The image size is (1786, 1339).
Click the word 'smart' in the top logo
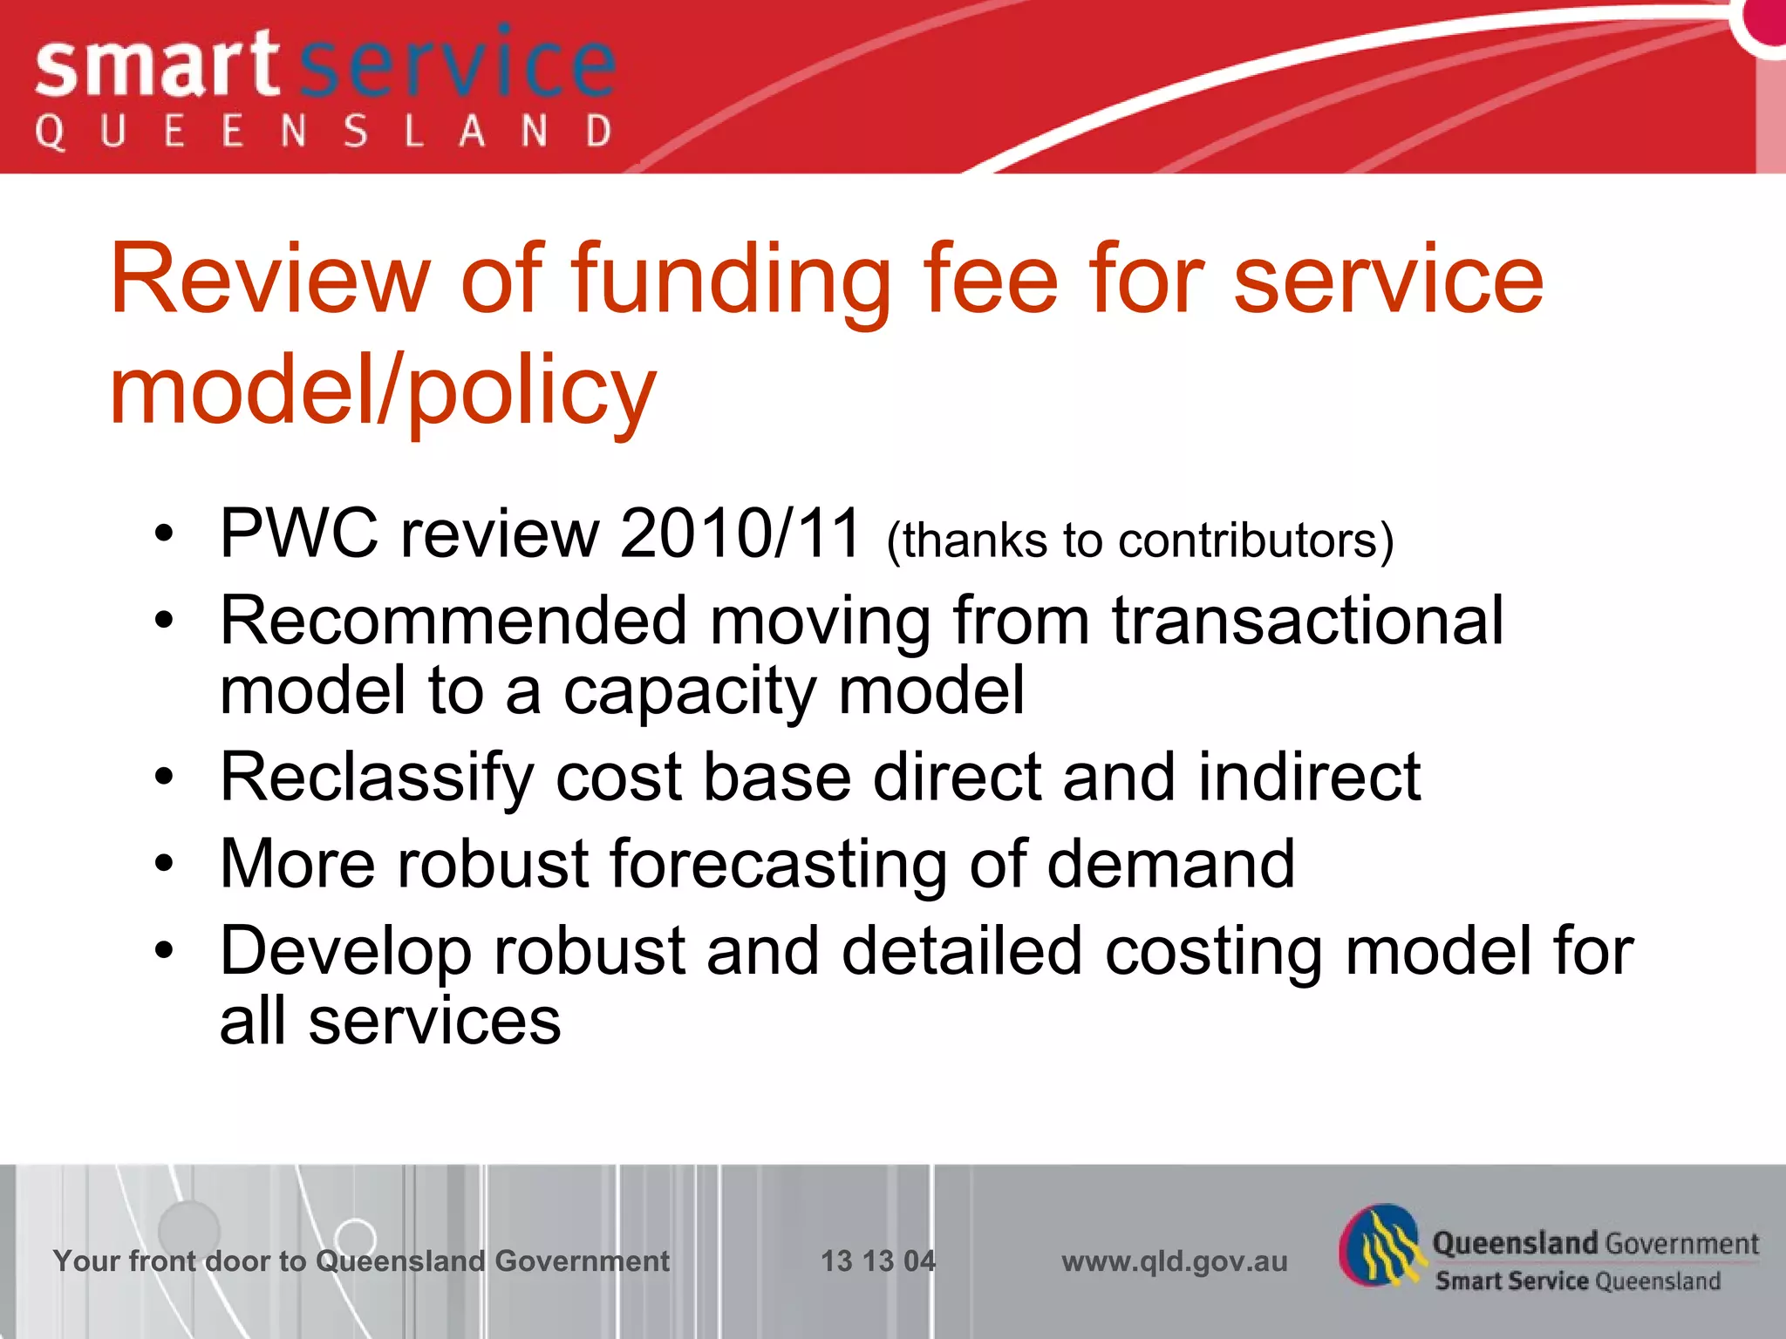point(157,68)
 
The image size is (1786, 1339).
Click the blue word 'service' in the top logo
point(458,65)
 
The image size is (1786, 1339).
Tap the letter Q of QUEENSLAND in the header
point(50,133)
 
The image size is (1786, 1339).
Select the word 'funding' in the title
point(731,281)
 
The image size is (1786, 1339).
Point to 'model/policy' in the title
point(382,392)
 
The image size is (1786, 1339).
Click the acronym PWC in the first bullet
point(299,534)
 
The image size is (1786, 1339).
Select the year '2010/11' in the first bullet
point(740,534)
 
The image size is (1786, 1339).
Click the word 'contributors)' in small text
point(1256,541)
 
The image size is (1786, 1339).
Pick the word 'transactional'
point(1307,621)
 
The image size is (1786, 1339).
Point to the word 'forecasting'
point(778,866)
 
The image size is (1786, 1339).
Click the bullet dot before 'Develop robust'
point(164,951)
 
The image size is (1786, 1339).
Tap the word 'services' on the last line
point(434,1022)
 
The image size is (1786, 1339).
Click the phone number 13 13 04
point(877,1261)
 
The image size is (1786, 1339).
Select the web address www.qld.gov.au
point(1174,1261)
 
